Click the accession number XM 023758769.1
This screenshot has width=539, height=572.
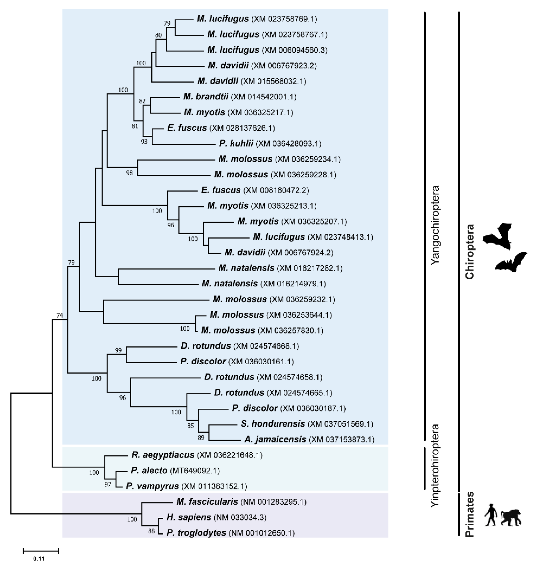[284, 19]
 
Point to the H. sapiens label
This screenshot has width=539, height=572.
[189, 517]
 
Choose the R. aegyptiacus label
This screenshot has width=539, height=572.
[163, 455]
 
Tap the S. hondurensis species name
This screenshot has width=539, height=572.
[273, 424]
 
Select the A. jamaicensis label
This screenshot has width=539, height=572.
[275, 439]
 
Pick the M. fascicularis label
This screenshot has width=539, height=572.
[207, 502]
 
